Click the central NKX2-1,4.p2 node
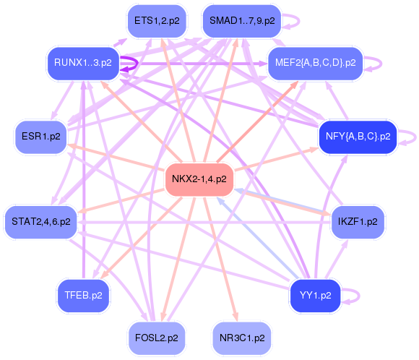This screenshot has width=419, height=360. (199, 179)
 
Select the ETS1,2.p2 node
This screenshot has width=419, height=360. (157, 21)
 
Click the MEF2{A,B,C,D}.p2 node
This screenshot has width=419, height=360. (315, 63)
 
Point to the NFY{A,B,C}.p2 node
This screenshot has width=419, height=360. (358, 136)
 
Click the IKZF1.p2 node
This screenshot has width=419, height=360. (358, 222)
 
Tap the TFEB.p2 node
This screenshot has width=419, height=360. (83, 295)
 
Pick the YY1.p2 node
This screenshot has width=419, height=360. (315, 295)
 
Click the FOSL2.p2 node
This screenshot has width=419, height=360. (156, 337)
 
